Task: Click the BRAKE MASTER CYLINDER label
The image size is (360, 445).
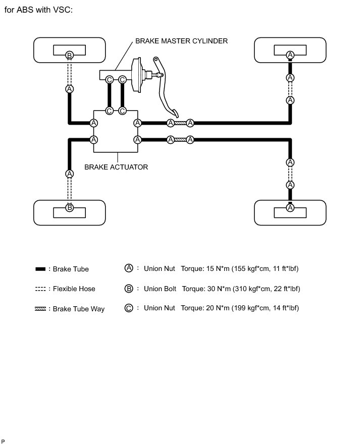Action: (181, 41)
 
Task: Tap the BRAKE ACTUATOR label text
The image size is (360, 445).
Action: (116, 166)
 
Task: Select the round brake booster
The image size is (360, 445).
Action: (135, 77)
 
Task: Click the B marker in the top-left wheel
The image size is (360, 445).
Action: (70, 54)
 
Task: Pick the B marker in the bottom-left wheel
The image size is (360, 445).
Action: (70, 207)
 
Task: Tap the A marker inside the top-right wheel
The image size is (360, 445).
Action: (290, 54)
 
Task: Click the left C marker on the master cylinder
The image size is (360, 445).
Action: (109, 80)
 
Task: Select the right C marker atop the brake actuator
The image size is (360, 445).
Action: (122, 111)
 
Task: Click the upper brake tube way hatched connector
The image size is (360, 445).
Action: (180, 123)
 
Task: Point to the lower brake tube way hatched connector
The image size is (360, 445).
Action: (180, 140)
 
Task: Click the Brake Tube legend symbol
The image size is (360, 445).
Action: (41, 269)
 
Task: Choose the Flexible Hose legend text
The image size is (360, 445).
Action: (74, 289)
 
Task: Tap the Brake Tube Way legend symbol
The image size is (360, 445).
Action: (41, 308)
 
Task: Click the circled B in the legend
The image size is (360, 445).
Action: (129, 289)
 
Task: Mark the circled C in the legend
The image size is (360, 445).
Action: (129, 308)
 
